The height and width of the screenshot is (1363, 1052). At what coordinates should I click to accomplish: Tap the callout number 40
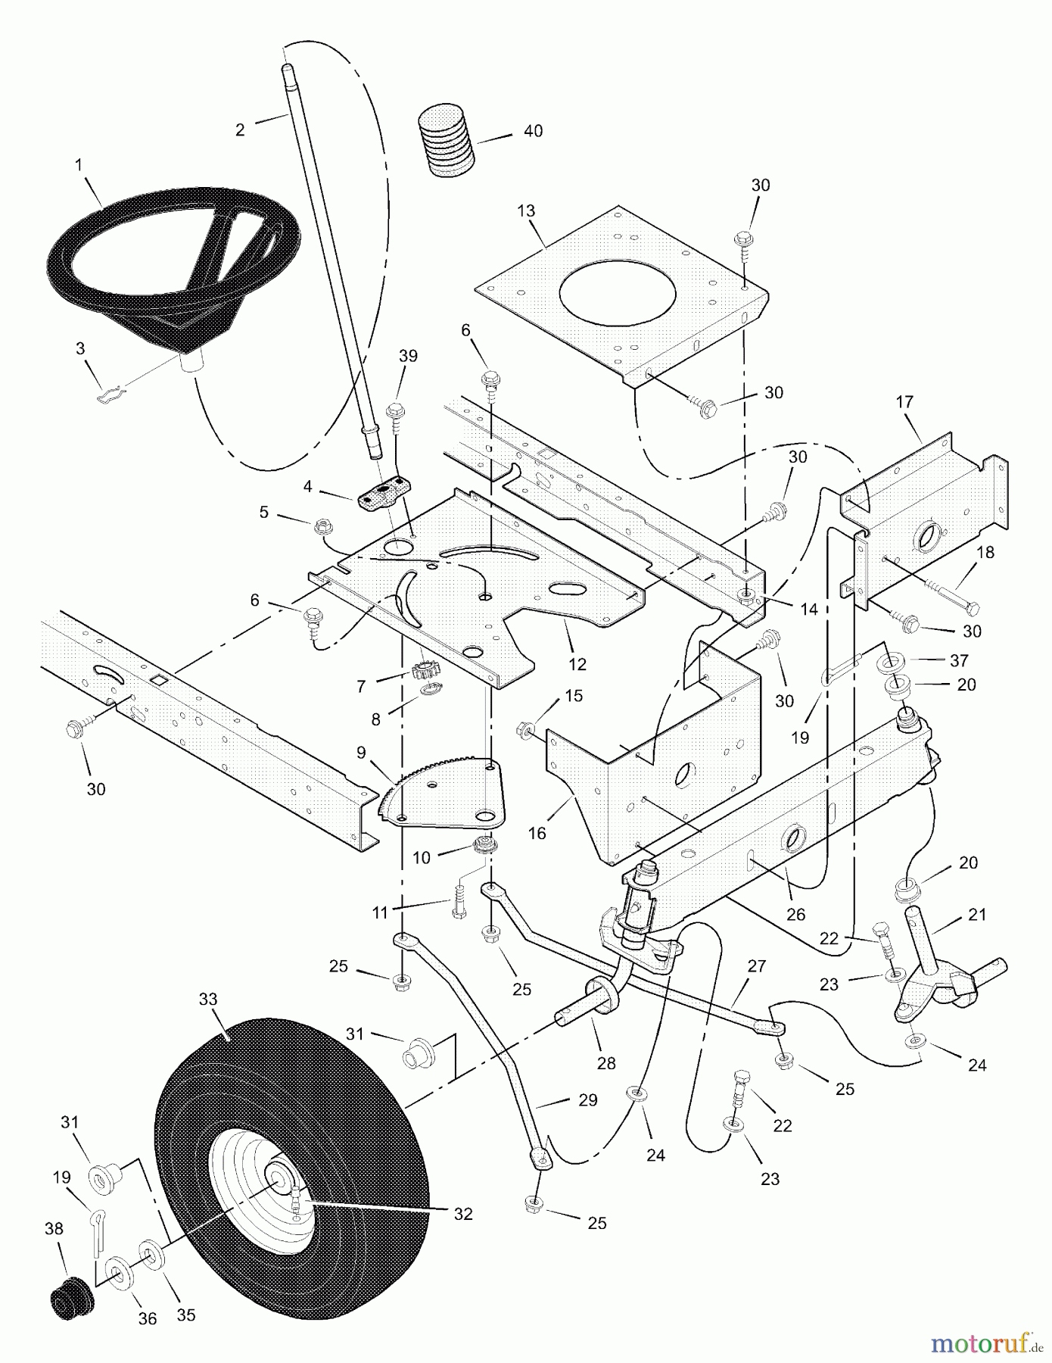pyautogui.click(x=533, y=131)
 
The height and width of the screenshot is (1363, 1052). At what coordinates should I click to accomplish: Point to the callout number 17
pyautogui.click(x=905, y=402)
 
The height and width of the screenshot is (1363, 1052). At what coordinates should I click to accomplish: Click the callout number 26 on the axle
pyautogui.click(x=795, y=914)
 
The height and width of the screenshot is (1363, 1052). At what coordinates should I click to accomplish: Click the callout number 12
pyautogui.click(x=577, y=665)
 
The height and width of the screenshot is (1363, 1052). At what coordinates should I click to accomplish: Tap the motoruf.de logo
pyautogui.click(x=983, y=1344)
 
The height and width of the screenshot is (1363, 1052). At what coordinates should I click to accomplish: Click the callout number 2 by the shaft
pyautogui.click(x=240, y=129)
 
